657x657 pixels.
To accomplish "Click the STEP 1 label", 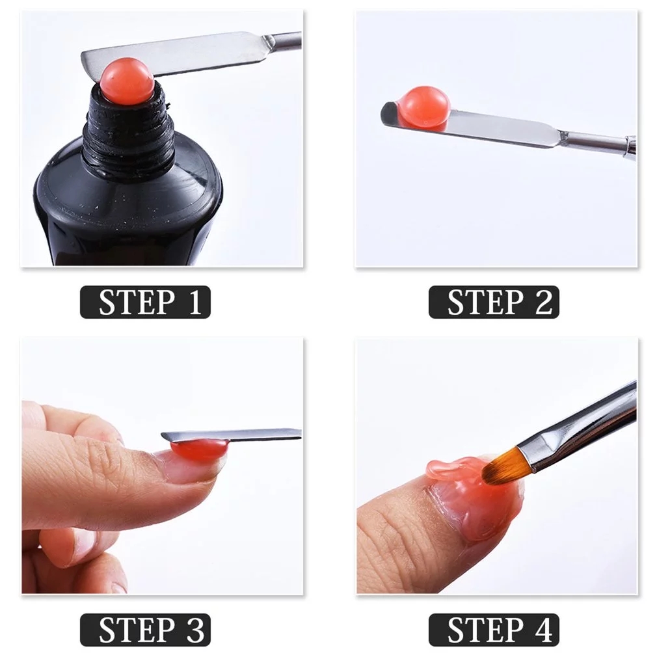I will (145, 303).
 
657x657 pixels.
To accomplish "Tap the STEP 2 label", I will (494, 303).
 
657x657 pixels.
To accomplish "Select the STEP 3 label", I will (145, 630).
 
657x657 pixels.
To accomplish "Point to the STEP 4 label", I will (494, 630).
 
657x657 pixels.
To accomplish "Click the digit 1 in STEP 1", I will (194, 303).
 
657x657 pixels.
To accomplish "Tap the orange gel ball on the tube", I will (127, 81).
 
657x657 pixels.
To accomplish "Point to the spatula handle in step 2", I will (598, 142).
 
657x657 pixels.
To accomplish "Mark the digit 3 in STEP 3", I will (194, 630).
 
